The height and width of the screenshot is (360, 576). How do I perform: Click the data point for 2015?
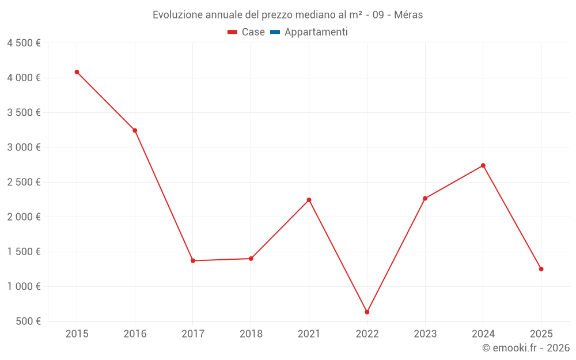[x=77, y=72]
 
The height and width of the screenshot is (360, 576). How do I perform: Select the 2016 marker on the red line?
[x=135, y=130]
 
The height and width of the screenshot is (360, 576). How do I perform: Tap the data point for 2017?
[x=193, y=261]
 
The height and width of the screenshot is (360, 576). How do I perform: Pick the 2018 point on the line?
[x=251, y=259]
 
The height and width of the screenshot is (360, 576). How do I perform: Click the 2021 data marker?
[x=309, y=200]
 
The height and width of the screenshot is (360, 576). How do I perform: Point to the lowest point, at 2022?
[x=367, y=312]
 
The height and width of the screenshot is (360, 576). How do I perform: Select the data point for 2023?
[x=425, y=198]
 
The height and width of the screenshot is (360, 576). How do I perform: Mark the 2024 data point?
[x=483, y=165]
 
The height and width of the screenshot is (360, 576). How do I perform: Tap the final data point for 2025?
[x=541, y=269]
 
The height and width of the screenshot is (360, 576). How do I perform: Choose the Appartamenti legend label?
[x=316, y=32]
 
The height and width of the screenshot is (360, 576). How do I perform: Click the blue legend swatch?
[x=275, y=32]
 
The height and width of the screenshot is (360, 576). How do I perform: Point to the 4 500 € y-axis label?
[x=24, y=43]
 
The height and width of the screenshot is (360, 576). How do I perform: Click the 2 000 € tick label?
[x=24, y=217]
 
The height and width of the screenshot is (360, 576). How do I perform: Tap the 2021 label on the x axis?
[x=309, y=334]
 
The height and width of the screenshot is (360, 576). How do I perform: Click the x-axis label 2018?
[x=251, y=334]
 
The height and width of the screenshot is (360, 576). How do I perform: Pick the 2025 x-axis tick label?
[x=541, y=334]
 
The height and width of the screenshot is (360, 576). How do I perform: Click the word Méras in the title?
[x=408, y=15]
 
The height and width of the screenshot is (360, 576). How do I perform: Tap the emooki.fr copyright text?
[x=526, y=348]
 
